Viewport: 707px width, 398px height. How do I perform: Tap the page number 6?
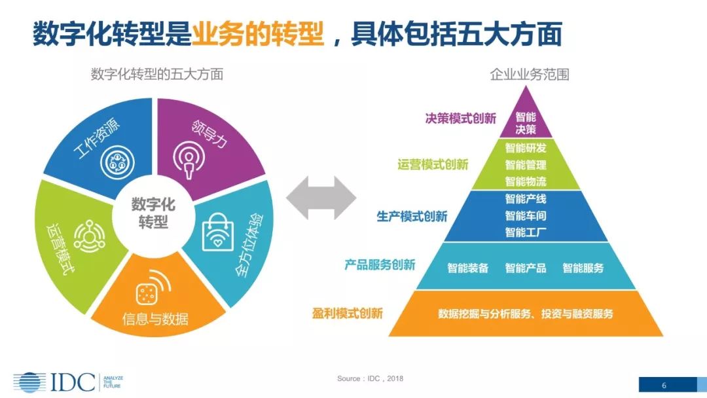click(663, 384)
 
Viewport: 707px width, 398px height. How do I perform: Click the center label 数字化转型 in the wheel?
click(153, 213)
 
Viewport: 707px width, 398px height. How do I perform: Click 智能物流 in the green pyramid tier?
click(525, 181)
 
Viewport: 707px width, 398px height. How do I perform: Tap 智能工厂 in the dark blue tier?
click(525, 232)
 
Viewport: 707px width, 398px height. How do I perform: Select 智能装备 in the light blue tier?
click(467, 268)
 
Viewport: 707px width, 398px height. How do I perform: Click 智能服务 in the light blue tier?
click(583, 268)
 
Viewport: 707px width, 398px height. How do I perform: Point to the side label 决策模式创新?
click(461, 118)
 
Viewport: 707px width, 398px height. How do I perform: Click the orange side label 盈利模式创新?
click(348, 313)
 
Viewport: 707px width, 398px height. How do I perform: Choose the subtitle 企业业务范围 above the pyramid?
click(530, 74)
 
